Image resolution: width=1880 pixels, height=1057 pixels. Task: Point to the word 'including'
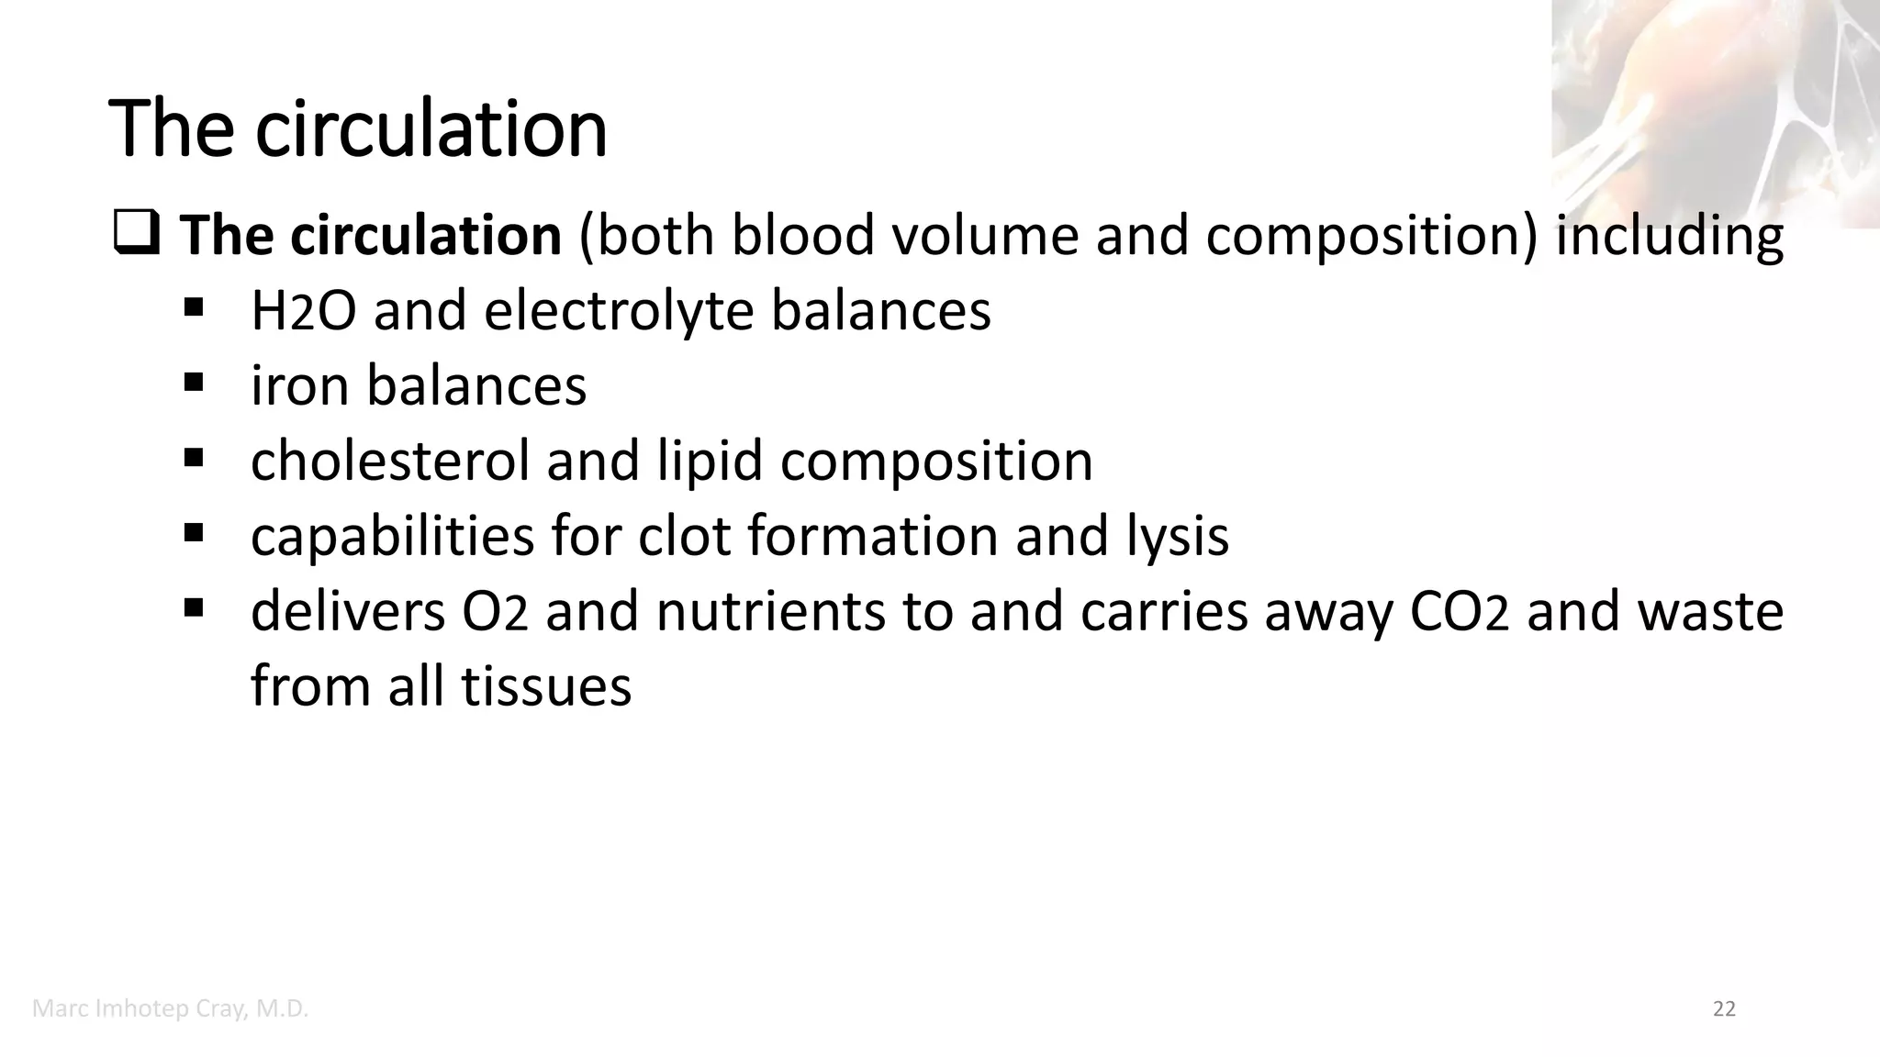pyautogui.click(x=1670, y=236)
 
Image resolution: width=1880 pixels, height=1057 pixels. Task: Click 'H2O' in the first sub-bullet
pyautogui.click(x=303, y=311)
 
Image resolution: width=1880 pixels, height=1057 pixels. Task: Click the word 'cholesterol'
pyautogui.click(x=390, y=461)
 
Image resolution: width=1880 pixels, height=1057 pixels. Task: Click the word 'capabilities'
pyautogui.click(x=392, y=536)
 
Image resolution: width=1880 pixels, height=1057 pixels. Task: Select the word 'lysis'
pyautogui.click(x=1178, y=536)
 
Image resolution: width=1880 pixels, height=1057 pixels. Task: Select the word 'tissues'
pyautogui.click(x=545, y=685)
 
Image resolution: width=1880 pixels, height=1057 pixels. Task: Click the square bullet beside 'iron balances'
pyautogui.click(x=193, y=381)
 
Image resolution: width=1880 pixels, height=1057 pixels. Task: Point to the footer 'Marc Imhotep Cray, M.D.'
pyautogui.click(x=170, y=1009)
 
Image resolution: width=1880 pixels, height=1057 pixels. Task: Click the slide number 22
pyautogui.click(x=1724, y=1009)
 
